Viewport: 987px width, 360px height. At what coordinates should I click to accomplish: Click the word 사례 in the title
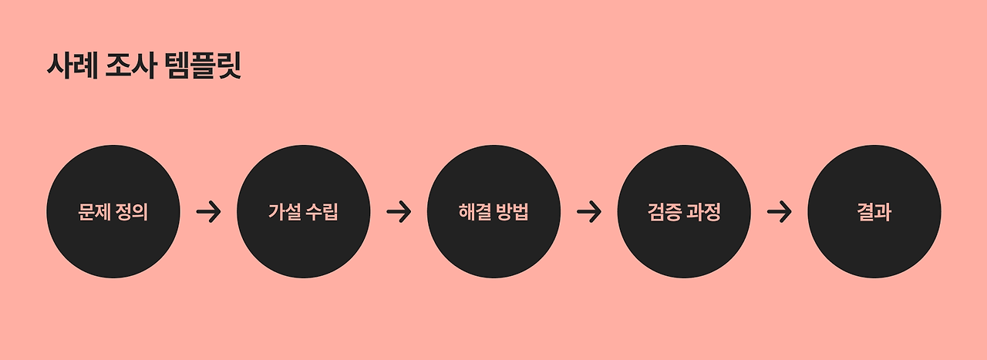coord(71,66)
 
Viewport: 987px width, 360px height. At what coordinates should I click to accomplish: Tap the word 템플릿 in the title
coord(203,66)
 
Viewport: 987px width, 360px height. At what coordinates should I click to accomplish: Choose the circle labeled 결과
coord(874,212)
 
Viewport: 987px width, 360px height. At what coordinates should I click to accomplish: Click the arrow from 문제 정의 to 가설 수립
coord(208,212)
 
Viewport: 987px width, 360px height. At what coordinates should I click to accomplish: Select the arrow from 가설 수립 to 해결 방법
coord(399,212)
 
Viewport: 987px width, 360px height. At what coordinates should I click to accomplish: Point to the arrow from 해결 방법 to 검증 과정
coord(589,212)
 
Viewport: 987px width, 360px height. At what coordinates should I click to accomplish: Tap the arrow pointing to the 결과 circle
coord(779,212)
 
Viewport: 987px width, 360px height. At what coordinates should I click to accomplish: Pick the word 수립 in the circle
coord(322,212)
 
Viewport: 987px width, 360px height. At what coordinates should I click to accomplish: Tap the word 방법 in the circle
coord(513,212)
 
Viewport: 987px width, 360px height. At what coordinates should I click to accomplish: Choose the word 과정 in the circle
coord(703,212)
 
